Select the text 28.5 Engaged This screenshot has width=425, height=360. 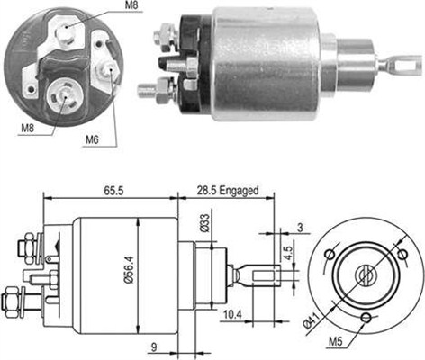228,192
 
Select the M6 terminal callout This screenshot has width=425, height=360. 93,139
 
